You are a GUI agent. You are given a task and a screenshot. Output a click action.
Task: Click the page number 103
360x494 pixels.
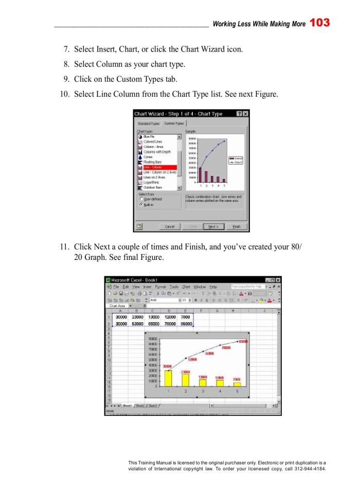click(320, 23)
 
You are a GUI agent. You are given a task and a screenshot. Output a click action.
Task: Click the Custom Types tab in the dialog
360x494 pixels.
click(174, 123)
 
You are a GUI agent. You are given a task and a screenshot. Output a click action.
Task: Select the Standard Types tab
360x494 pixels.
click(148, 123)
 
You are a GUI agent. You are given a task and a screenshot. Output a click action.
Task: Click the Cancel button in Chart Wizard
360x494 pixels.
click(169, 226)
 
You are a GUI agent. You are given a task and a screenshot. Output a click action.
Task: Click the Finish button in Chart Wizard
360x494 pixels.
click(237, 226)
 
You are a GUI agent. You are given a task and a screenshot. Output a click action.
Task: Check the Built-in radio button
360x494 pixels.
click(141, 204)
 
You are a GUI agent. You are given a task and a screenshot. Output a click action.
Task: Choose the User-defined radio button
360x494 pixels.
click(141, 199)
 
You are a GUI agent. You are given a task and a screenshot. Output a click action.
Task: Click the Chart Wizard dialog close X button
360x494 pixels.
click(245, 114)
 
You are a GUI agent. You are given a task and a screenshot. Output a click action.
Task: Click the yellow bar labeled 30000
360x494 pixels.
click(168, 378)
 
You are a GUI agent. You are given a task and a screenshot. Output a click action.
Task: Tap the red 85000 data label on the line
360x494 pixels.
click(243, 341)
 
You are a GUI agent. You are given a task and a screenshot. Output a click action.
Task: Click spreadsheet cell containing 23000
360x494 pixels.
click(137, 317)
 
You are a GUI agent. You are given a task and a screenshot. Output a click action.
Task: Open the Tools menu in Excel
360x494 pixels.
click(174, 287)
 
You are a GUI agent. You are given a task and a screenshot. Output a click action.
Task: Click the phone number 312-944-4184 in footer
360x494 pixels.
click(310, 469)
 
